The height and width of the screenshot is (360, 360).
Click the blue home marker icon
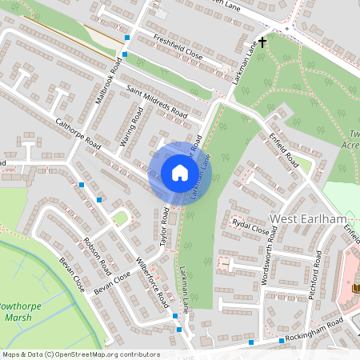[x=180, y=173]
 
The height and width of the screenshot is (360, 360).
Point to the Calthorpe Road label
[x=78, y=135]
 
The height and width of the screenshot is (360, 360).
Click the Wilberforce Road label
[x=152, y=282]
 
